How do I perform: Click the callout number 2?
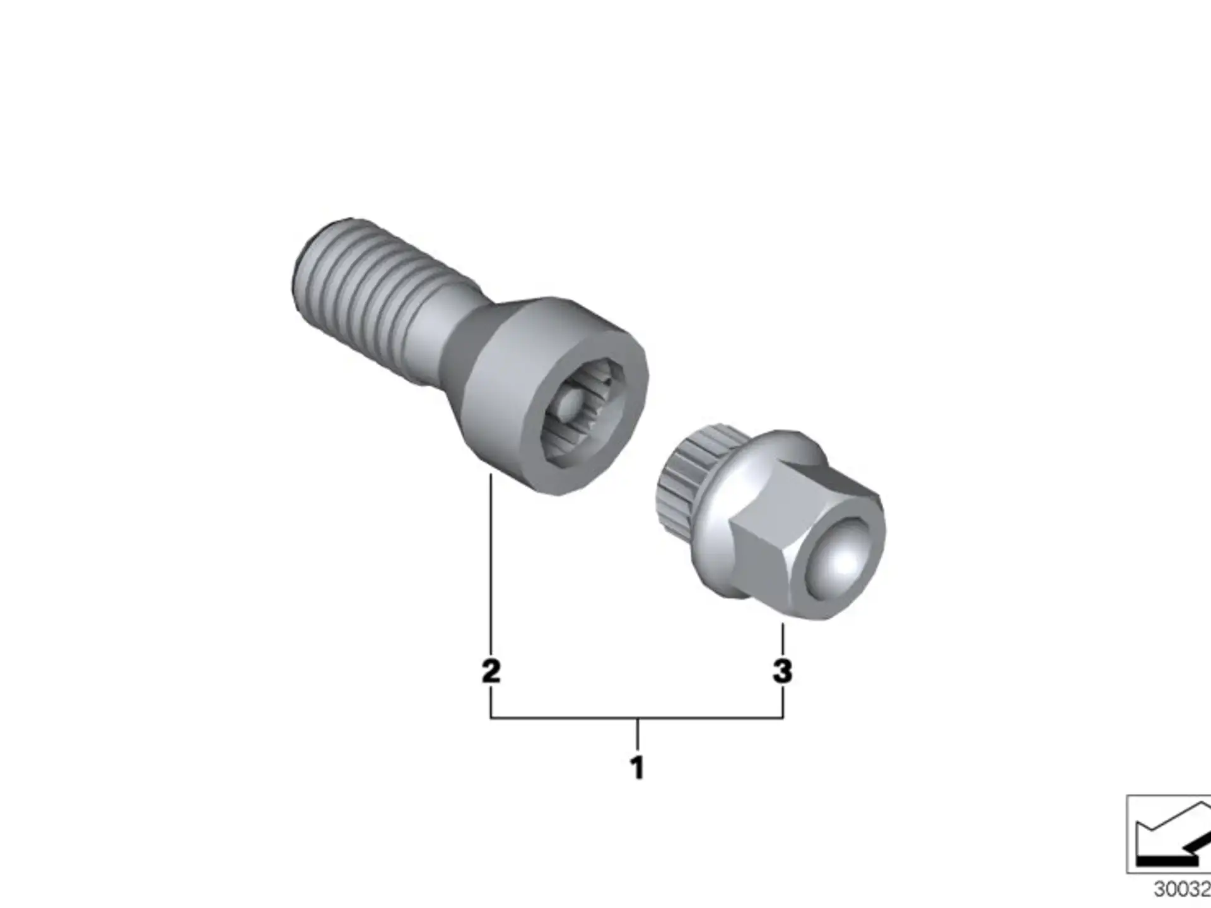pyautogui.click(x=491, y=671)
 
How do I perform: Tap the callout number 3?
pyautogui.click(x=782, y=671)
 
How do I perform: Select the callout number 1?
pyautogui.click(x=637, y=767)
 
